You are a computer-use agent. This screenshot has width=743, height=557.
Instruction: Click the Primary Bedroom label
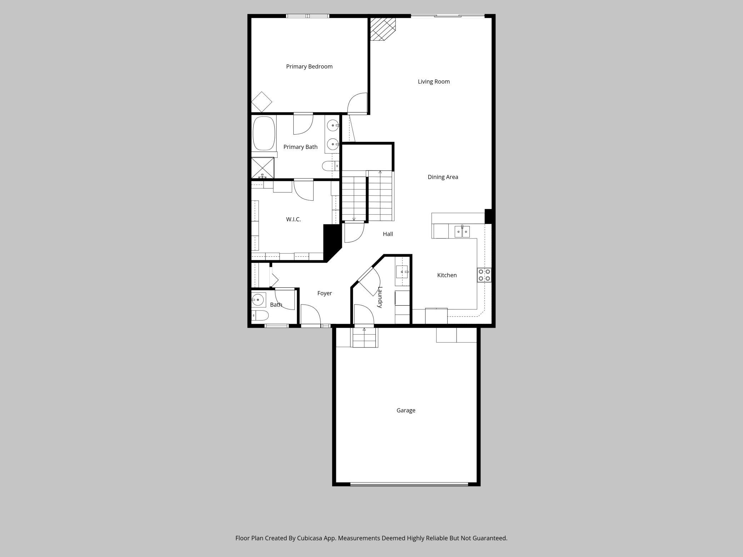(309, 67)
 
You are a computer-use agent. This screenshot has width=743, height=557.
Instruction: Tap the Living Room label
(434, 82)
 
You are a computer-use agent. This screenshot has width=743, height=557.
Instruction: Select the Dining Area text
(443, 177)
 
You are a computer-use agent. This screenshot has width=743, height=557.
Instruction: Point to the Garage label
(406, 411)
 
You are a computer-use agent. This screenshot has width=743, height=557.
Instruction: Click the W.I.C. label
(293, 220)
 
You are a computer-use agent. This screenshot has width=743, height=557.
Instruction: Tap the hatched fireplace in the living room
(382, 29)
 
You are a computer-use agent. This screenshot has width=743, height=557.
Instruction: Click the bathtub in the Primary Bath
(264, 133)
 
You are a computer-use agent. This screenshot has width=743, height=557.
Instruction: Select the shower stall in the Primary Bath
(263, 167)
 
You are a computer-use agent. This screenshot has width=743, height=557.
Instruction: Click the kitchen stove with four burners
(484, 275)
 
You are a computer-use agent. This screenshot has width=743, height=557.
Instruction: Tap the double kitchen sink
(462, 232)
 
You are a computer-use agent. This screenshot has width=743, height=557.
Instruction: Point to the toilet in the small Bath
(260, 316)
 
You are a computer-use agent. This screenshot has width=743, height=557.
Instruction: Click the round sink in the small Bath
(258, 300)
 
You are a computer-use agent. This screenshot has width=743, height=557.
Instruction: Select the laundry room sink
(402, 272)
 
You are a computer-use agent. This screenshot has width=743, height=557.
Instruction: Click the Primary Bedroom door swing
(357, 103)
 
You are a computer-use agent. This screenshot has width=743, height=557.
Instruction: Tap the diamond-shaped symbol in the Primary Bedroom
(261, 102)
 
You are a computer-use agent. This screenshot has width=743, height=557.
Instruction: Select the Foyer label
(324, 293)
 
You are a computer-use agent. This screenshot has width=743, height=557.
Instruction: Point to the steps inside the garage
(365, 338)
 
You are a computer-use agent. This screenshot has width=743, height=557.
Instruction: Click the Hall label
(388, 234)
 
